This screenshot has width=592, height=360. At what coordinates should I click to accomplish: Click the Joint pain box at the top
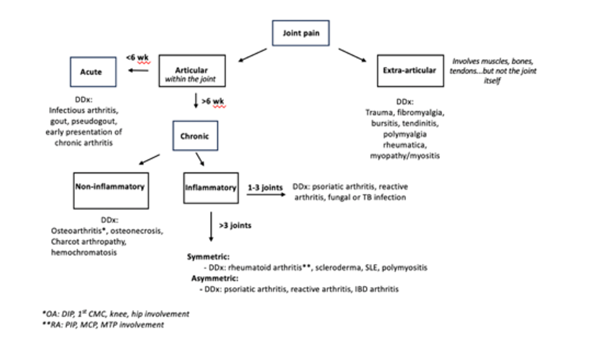301,33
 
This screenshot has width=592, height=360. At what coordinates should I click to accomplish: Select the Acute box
93,72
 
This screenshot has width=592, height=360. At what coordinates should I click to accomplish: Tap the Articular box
192,71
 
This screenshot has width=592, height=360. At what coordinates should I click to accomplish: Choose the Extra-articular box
410,71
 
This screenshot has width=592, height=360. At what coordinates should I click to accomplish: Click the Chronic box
195,136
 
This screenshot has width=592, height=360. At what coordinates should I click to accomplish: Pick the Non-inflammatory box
111,190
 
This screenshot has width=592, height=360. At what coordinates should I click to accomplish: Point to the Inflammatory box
211,188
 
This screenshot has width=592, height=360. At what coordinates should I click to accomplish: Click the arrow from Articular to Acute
138,71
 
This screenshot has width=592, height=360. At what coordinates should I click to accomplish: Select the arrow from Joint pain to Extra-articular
352,55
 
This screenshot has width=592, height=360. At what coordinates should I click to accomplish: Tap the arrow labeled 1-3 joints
266,195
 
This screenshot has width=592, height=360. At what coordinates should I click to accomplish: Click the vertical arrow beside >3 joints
211,226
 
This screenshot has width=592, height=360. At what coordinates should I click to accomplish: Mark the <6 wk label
137,57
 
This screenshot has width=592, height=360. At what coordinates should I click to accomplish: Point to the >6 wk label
213,101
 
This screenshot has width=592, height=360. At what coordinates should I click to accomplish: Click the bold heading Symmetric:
208,257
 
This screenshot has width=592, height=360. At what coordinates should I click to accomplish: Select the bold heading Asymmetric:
215,278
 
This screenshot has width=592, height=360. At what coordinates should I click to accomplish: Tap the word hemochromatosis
84,253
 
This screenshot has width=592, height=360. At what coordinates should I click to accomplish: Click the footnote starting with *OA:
116,314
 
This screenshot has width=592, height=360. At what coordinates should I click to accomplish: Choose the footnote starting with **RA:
103,325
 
